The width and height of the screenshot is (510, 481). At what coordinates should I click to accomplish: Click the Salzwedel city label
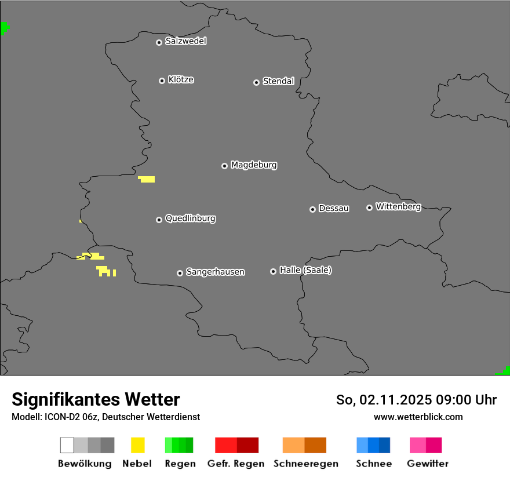(x=185, y=41)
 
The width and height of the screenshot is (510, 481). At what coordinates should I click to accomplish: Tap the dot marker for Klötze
(x=162, y=81)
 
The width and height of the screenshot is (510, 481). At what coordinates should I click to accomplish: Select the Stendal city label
(x=278, y=81)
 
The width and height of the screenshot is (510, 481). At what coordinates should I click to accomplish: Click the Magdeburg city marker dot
(x=224, y=166)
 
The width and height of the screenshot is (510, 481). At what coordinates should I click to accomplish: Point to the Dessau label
(x=334, y=208)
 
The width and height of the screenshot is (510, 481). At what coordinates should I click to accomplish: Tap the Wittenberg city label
(x=398, y=206)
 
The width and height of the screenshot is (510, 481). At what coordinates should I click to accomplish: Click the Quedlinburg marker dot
(x=159, y=220)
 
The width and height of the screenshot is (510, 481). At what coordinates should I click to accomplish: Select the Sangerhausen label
(x=215, y=272)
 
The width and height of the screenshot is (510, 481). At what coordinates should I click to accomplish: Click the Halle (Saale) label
(x=305, y=270)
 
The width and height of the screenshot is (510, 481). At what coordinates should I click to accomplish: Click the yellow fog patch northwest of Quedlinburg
(x=147, y=179)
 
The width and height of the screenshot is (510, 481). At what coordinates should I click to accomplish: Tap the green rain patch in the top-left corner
(x=4, y=27)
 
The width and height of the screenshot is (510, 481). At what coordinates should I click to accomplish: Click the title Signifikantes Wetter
(x=96, y=399)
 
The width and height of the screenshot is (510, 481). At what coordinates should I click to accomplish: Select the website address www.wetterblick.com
(x=418, y=417)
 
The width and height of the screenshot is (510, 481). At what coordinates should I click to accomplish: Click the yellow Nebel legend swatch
(x=137, y=445)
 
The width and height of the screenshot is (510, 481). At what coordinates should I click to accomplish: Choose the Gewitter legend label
(x=428, y=464)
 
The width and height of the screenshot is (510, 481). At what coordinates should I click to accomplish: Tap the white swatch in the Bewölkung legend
(x=67, y=445)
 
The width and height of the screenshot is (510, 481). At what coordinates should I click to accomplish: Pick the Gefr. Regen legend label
(x=235, y=464)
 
